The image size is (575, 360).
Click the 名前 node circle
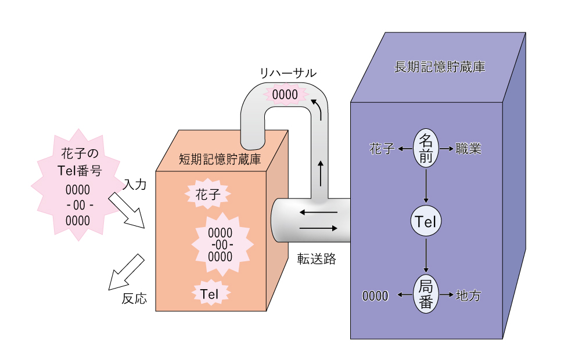(426, 149)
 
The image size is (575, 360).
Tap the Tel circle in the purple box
(426, 221)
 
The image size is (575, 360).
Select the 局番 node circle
(426, 295)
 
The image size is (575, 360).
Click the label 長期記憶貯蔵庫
(440, 67)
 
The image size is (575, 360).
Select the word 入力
(135, 184)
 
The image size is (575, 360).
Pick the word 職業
(469, 149)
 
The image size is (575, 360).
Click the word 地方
(469, 296)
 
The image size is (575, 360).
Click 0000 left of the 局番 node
(375, 296)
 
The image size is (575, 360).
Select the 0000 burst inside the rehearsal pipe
(285, 94)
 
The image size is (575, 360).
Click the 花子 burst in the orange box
(208, 194)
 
